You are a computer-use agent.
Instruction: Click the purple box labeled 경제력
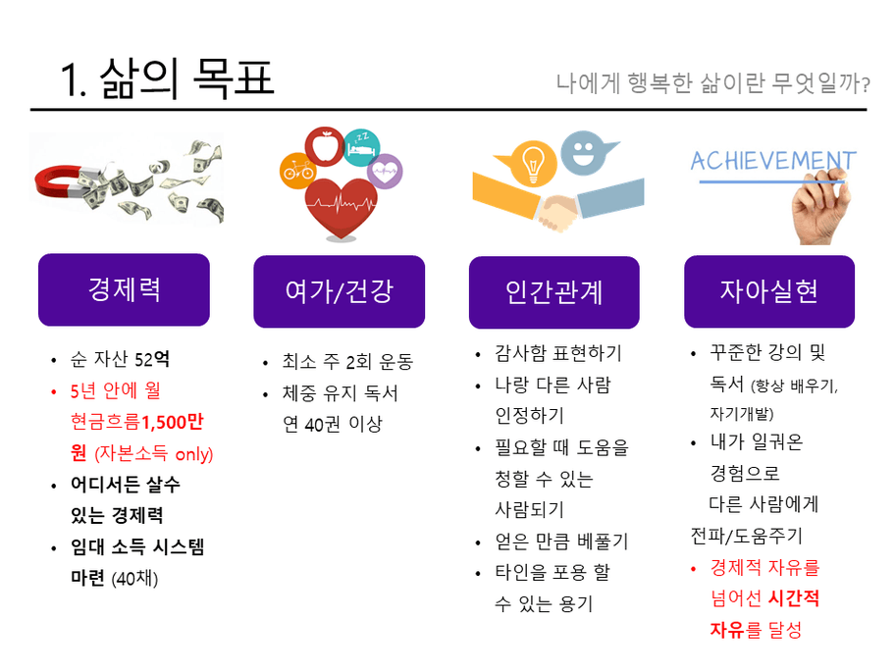[x=124, y=289]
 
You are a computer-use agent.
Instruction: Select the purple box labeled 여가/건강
[x=339, y=291]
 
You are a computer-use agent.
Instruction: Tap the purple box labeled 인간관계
[x=553, y=291]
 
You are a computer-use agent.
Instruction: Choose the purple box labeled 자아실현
[x=768, y=291]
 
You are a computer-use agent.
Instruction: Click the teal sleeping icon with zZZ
[x=360, y=145]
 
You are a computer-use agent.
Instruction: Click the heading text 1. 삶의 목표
[x=166, y=77]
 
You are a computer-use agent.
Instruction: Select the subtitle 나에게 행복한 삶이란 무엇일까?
[x=712, y=82]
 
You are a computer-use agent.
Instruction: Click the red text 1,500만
[x=173, y=422]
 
